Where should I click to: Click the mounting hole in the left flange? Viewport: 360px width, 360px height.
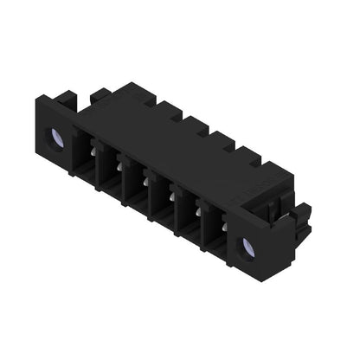click(56, 138)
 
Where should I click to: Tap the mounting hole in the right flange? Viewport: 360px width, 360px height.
click(248, 248)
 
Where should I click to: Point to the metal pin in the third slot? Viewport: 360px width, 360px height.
click(143, 181)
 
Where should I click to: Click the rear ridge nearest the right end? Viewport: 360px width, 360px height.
click(252, 160)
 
